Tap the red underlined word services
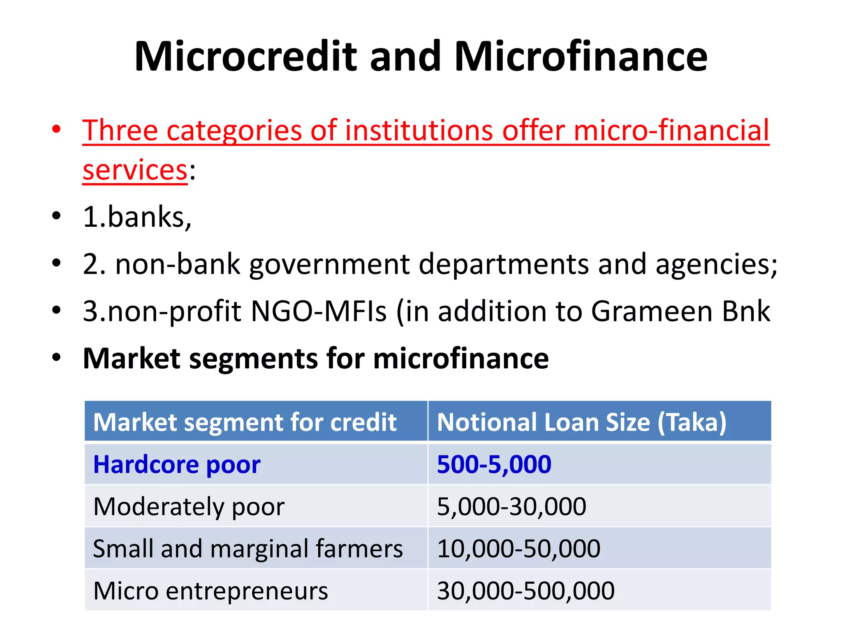click(x=135, y=170)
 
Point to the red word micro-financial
click(x=671, y=130)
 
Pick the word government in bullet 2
click(x=329, y=264)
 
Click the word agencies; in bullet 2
click(x=716, y=264)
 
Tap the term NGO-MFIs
click(x=319, y=311)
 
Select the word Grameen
click(x=652, y=311)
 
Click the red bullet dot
click(x=56, y=130)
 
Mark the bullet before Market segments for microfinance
click(x=56, y=358)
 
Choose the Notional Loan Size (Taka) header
click(x=581, y=422)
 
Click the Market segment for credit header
click(x=245, y=422)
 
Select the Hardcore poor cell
click(x=177, y=465)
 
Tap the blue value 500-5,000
click(x=494, y=465)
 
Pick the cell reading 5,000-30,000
click(x=511, y=507)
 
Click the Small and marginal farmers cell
click(x=248, y=548)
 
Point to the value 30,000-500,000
click(x=525, y=591)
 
